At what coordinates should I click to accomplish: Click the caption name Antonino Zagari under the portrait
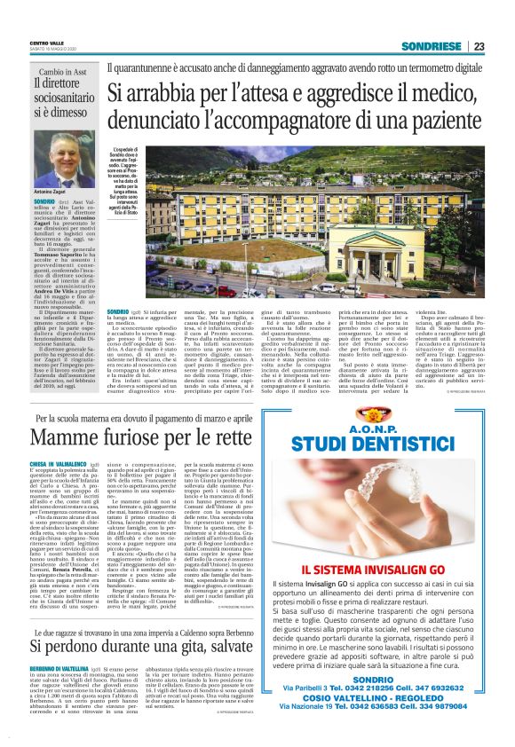(50, 192)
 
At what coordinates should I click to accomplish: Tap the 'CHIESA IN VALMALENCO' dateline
(58, 463)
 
